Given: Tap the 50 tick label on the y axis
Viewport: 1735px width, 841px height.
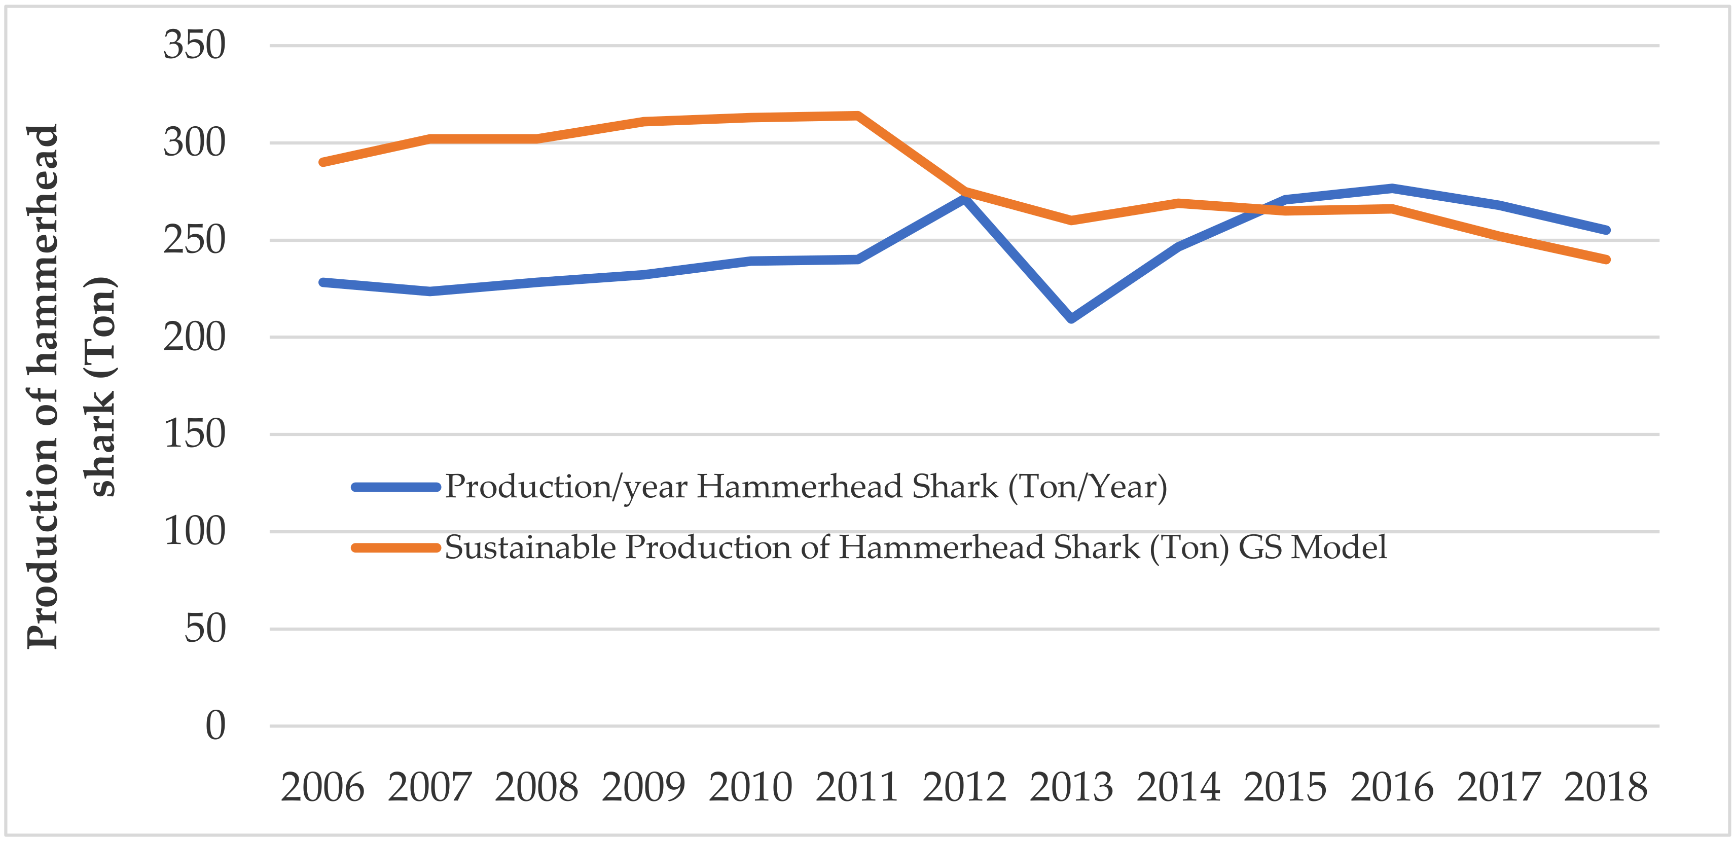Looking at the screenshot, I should (x=205, y=629).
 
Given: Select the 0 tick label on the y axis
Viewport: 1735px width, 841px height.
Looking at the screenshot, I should (x=215, y=726).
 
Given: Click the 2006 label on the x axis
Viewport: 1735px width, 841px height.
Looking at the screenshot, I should (x=322, y=787).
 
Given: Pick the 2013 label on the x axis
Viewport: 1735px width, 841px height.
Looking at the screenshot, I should (x=1071, y=787).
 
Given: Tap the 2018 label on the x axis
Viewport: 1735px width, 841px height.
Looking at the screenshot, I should (x=1606, y=787).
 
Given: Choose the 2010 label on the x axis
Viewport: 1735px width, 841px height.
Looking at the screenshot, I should (x=750, y=787).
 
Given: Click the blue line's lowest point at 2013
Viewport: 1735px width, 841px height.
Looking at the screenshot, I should (x=1071, y=318).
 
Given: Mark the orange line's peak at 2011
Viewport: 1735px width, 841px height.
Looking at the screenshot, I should (x=857, y=116).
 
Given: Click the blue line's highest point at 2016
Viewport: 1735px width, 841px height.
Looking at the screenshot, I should (x=1392, y=188).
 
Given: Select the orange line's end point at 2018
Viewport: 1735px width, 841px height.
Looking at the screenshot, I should (x=1606, y=259).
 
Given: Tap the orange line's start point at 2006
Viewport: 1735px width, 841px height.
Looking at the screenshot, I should (x=322, y=162).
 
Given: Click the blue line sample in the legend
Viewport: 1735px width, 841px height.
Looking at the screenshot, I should (x=396, y=487).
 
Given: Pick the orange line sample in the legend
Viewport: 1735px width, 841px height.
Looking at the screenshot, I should (x=396, y=547).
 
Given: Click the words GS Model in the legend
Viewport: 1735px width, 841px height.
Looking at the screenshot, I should (x=1312, y=547).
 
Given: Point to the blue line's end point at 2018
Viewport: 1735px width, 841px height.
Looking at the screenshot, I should (x=1606, y=230).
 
